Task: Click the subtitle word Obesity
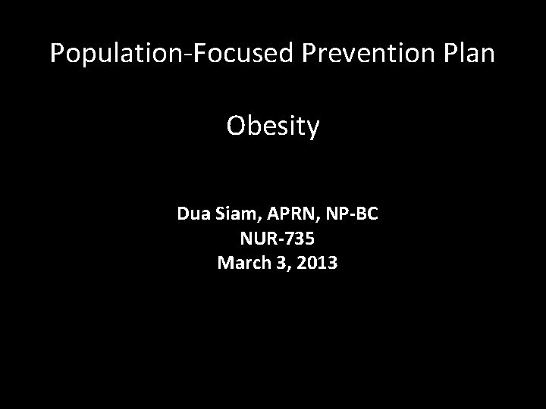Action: [x=273, y=127]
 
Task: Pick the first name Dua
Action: [x=193, y=214]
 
